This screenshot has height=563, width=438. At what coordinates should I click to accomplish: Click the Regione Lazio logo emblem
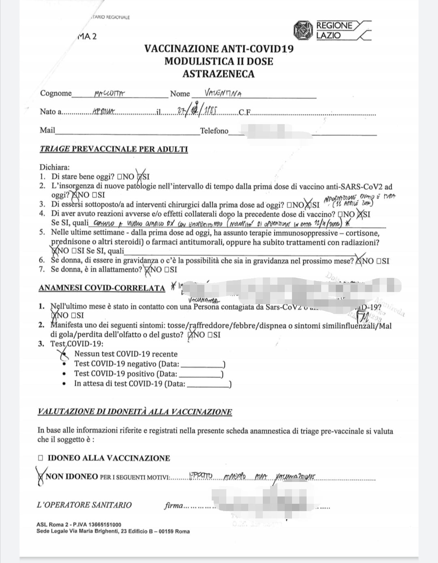pos(303,30)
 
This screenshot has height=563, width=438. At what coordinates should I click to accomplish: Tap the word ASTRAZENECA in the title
pos(219,74)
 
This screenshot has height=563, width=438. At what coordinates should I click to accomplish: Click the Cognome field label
pos(56,93)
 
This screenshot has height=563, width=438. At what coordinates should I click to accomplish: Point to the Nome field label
pos(180,94)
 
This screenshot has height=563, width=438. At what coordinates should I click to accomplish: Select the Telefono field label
pos(214,131)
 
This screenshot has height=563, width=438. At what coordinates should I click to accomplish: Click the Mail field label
pos(47,130)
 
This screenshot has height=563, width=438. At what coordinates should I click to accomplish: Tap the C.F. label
pos(245,112)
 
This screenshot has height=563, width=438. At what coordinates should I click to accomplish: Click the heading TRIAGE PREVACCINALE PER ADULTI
pos(114,149)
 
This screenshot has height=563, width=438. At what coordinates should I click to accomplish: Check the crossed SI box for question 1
pos(140,177)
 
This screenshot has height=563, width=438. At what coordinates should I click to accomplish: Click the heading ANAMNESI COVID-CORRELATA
pos(102,288)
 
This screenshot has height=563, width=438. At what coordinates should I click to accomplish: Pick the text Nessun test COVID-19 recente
pos(126,354)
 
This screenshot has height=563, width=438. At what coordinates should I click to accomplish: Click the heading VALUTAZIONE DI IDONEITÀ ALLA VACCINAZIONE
pos(135,412)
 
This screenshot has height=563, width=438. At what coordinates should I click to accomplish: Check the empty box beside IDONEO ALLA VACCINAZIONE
pos(41,458)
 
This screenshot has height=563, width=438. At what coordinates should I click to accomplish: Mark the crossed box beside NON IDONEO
pos(41,477)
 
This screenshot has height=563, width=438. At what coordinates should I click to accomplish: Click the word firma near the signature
pos(173,506)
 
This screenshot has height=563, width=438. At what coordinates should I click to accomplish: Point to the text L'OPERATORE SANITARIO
pos(84,505)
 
